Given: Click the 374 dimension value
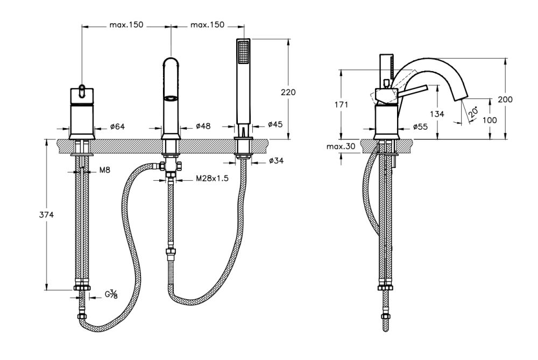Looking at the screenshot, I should tap(47, 214).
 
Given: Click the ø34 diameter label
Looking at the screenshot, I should tap(276, 161).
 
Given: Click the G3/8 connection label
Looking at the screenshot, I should tap(111, 294).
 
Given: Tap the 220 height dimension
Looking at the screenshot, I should tap(288, 92).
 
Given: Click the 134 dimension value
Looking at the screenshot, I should tap(437, 114).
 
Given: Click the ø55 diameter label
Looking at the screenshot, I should tap(420, 127).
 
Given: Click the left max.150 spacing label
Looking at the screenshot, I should tap(126, 25).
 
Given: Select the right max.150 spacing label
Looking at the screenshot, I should tap(207, 25).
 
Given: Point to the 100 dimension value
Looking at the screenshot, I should tap(490, 120).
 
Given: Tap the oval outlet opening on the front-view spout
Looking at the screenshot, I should tap(170, 98).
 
